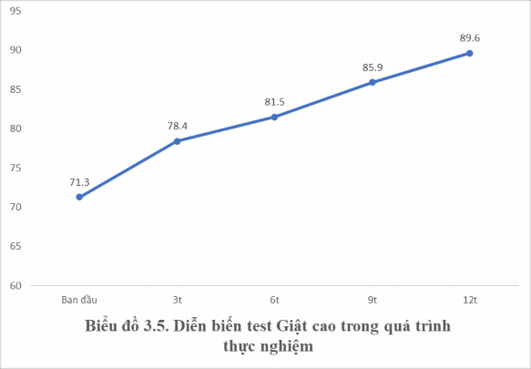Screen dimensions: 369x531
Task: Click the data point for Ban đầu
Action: tap(79, 197)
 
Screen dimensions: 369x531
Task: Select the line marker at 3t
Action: tap(177, 141)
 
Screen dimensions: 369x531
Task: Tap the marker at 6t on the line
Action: tap(274, 117)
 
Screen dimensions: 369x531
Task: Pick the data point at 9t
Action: tap(372, 82)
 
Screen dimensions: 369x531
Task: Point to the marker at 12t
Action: tap(469, 53)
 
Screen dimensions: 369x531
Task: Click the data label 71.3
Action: tap(79, 181)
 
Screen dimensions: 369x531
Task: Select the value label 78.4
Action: tap(177, 126)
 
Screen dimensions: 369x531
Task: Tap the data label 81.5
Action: tap(274, 101)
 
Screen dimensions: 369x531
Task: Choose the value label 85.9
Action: tap(372, 67)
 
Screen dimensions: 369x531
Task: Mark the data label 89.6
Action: tap(469, 37)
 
